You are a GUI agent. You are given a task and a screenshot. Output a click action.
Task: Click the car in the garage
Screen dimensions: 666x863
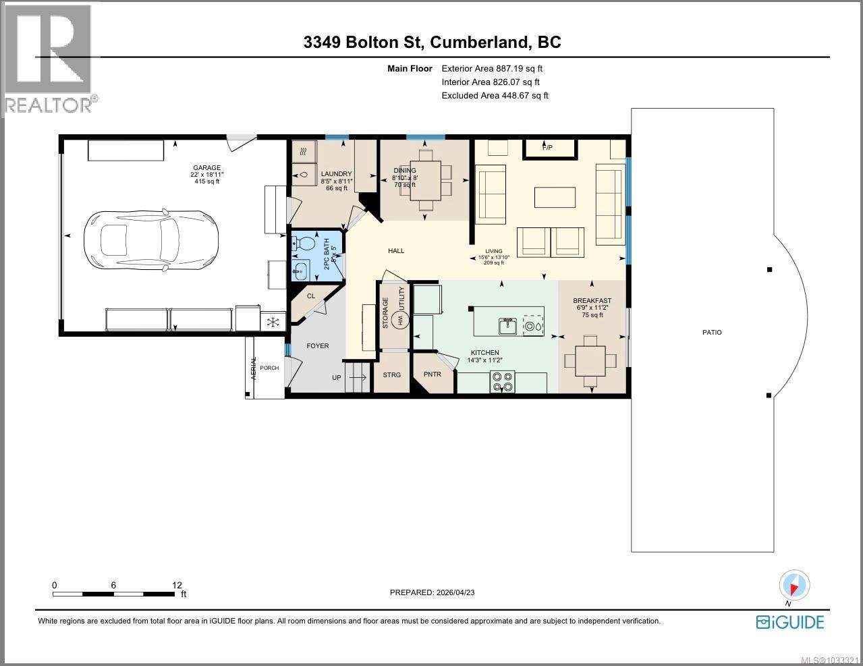pyautogui.click(x=150, y=238)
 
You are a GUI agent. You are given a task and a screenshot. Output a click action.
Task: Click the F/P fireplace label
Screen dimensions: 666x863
pyautogui.click(x=547, y=147)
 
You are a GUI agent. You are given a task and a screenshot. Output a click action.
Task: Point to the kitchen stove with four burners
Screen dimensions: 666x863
pyautogui.click(x=502, y=382)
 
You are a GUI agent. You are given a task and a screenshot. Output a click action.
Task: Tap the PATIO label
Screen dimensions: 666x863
pyautogui.click(x=712, y=332)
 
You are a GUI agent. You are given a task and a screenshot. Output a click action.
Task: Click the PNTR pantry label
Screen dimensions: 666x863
pyautogui.click(x=432, y=374)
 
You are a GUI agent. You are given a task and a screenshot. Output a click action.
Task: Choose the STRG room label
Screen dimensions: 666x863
pyautogui.click(x=391, y=374)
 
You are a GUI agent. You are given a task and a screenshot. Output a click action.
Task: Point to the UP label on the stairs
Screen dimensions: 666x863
pyautogui.click(x=336, y=378)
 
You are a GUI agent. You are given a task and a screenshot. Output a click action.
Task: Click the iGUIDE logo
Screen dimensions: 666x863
pyautogui.click(x=790, y=621)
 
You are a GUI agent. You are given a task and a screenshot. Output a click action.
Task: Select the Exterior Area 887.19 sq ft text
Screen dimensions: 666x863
pyautogui.click(x=492, y=68)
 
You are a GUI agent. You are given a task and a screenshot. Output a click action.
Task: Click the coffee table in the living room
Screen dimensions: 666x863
pyautogui.click(x=555, y=197)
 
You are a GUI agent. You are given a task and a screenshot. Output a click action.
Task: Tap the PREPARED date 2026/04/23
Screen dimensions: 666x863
pyautogui.click(x=437, y=592)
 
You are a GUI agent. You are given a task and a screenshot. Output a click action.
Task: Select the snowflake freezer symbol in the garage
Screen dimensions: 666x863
pyautogui.click(x=273, y=321)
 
